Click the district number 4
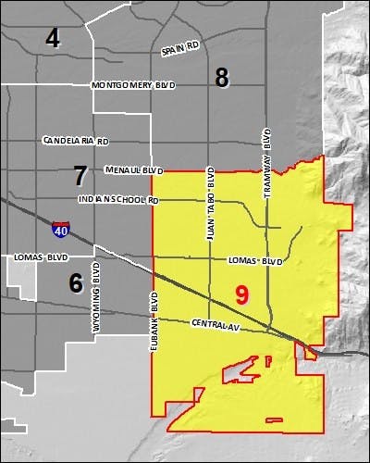pyautogui.click(x=53, y=38)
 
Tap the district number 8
pyautogui.click(x=222, y=78)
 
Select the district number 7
pyautogui.click(x=80, y=173)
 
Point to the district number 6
pyautogui.click(x=76, y=282)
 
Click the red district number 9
pyautogui.click(x=241, y=295)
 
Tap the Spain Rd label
pyautogui.click(x=179, y=48)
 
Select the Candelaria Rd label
pyautogui.click(x=76, y=141)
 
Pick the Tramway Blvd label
pyautogui.click(x=267, y=166)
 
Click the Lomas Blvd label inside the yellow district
pyautogui.click(x=253, y=262)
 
